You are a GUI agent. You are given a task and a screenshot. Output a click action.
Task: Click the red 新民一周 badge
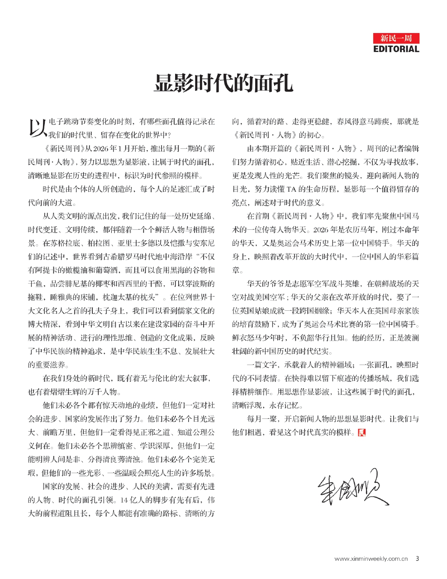click(x=396, y=38)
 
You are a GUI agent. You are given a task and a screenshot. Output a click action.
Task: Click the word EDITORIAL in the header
click(x=396, y=49)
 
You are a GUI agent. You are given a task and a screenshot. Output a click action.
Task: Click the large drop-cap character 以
click(x=37, y=128)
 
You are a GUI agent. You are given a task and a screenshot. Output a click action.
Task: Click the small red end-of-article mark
click(x=361, y=432)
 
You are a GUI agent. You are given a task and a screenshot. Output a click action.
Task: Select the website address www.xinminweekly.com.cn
click(x=371, y=559)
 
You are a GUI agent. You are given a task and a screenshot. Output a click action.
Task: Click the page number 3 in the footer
click(x=417, y=558)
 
